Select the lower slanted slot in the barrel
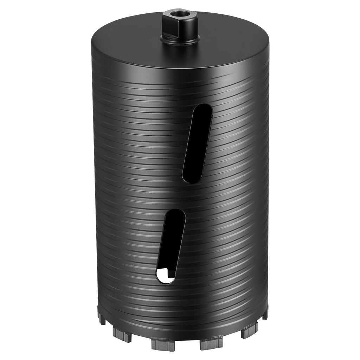click(171, 246)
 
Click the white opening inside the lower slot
click(166, 276)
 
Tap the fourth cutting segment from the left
click(211, 342)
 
